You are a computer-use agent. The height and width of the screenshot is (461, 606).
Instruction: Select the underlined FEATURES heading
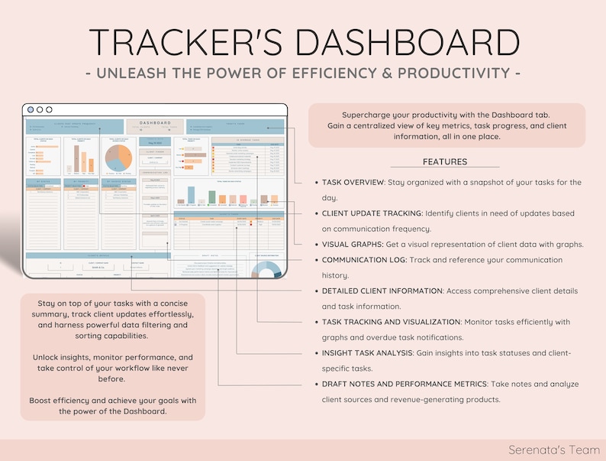[x=445, y=162]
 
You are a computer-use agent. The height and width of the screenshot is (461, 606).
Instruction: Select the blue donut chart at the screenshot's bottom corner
[x=267, y=273]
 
